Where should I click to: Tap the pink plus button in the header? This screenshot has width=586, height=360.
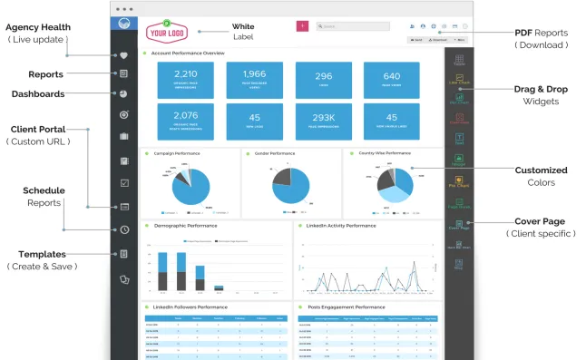[302, 26]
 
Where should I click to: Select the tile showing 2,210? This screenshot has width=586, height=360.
[185, 79]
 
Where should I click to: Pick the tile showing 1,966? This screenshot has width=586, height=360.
[254, 79]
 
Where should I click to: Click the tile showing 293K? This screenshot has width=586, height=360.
[323, 121]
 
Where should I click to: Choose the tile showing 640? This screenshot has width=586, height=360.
[391, 79]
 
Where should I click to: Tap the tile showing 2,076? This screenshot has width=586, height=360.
[185, 121]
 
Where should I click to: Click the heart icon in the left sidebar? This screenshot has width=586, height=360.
[123, 54]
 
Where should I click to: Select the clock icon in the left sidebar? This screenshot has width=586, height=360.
[123, 229]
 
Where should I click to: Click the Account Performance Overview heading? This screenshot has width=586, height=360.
[188, 54]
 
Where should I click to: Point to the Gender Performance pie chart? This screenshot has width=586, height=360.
[290, 185]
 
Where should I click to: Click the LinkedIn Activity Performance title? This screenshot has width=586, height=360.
[341, 225]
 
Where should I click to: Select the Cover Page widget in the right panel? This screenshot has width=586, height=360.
[459, 224]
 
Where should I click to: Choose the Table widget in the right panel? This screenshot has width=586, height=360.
[459, 60]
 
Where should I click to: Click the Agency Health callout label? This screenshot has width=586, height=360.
[37, 27]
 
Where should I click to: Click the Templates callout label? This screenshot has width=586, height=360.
[42, 254]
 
